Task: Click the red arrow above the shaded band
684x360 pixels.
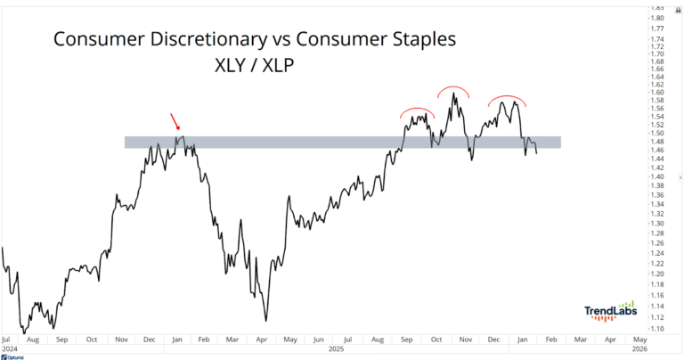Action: click(174, 121)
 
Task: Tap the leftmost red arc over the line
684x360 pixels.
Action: click(416, 110)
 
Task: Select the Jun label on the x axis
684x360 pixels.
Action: click(318, 340)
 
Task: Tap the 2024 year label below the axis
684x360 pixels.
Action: click(9, 348)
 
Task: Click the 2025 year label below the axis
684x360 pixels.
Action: click(335, 348)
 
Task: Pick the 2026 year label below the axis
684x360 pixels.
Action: click(638, 348)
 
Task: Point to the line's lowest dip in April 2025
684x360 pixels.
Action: click(265, 321)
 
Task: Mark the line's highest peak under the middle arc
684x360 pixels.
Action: click(453, 93)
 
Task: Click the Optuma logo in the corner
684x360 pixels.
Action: click(13, 356)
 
